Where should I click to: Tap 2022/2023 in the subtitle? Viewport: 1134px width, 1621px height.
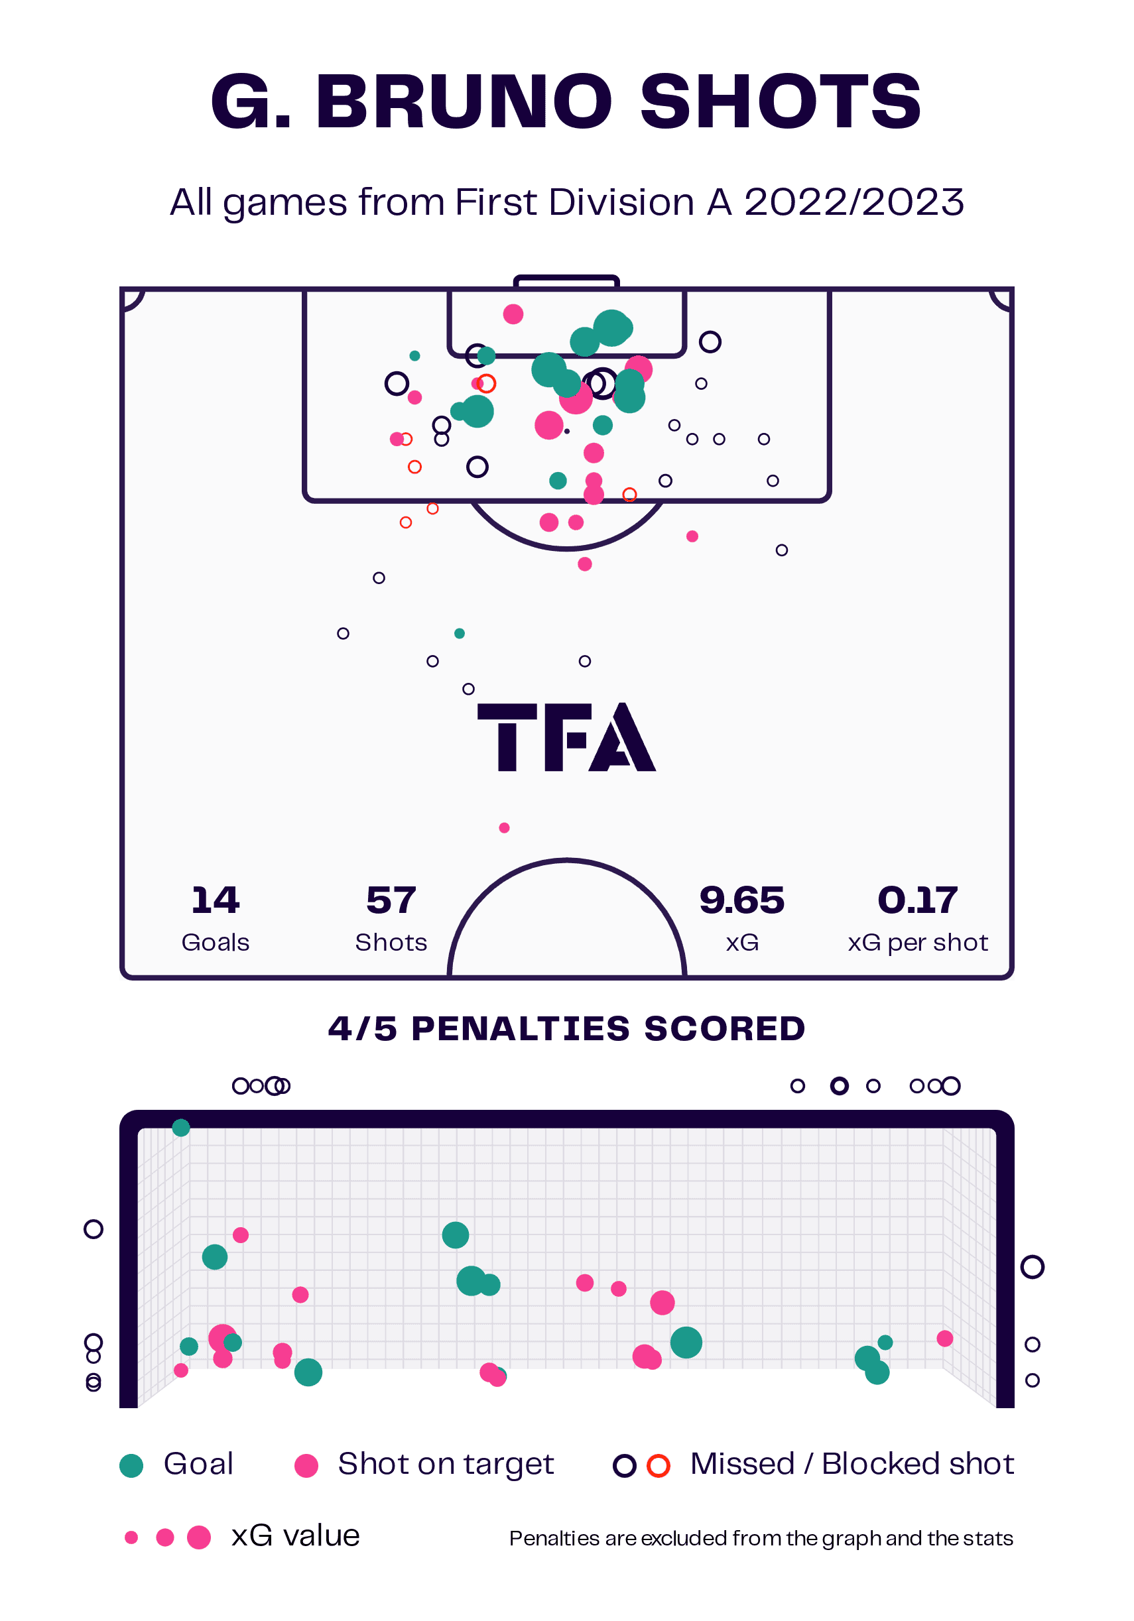[x=853, y=203]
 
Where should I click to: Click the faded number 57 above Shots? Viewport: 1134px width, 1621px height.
[x=391, y=901]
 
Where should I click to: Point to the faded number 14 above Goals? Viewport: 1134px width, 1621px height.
[x=216, y=901]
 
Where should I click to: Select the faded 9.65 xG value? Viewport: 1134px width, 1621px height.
[x=741, y=901]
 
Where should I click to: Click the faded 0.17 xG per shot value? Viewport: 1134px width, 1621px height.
[x=917, y=901]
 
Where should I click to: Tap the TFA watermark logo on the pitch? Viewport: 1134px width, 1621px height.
[x=566, y=737]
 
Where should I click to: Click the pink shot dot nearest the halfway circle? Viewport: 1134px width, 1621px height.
[x=504, y=827]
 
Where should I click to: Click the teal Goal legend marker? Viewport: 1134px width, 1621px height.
[x=131, y=1466]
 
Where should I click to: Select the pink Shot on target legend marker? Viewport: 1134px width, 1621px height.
[x=306, y=1466]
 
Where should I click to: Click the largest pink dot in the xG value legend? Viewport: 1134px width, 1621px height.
[x=199, y=1537]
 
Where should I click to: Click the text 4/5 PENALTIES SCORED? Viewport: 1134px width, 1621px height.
[x=566, y=1030]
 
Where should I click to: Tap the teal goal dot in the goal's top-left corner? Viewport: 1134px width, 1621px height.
[x=181, y=1128]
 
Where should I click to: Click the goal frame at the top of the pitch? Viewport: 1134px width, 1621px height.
[x=566, y=281]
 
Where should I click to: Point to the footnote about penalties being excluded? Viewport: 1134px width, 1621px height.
[x=761, y=1538]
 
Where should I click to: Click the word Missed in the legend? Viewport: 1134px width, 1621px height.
[x=742, y=1465]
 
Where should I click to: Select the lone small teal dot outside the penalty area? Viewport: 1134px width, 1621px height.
[x=460, y=634]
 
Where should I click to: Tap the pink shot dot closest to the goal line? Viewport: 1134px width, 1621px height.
[x=513, y=314]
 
